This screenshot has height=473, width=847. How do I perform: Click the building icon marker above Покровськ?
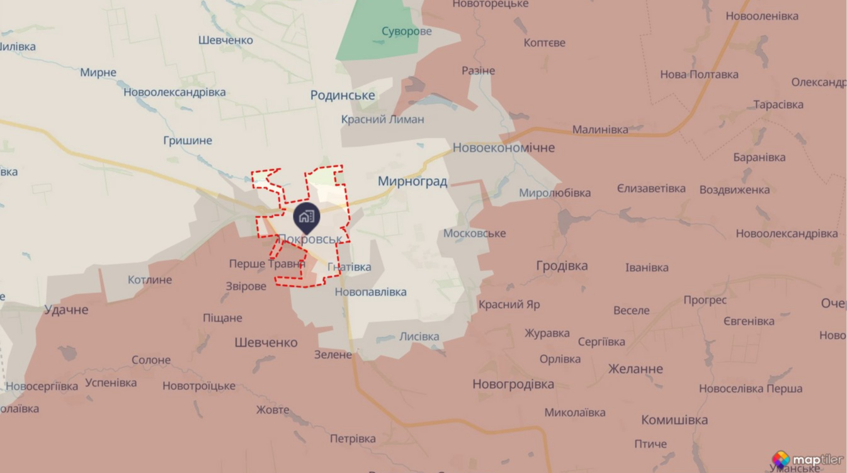(307, 217)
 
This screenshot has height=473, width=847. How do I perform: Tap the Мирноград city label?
(412, 182)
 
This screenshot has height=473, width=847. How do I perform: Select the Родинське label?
(343, 96)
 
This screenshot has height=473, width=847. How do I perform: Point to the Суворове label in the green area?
(407, 31)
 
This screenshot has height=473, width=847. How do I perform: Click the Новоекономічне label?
(504, 148)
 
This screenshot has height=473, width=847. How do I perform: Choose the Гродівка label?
(562, 265)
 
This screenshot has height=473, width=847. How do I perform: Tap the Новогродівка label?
(513, 384)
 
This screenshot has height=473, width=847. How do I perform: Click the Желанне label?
(635, 369)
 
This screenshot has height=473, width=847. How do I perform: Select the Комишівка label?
(674, 420)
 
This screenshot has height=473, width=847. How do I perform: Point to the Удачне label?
(66, 309)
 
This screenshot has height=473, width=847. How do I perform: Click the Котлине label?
(150, 279)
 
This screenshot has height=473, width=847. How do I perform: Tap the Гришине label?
(188, 140)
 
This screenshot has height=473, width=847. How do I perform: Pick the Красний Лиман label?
(383, 120)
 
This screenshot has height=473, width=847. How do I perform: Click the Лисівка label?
(419, 337)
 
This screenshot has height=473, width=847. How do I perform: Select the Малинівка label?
(600, 130)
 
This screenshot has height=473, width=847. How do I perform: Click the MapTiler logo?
(807, 460)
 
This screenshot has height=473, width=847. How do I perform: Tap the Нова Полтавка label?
(699, 74)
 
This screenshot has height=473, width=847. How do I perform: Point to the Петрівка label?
(353, 438)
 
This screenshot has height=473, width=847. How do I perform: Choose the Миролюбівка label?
(555, 192)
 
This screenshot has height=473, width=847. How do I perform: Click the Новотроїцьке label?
(199, 386)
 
